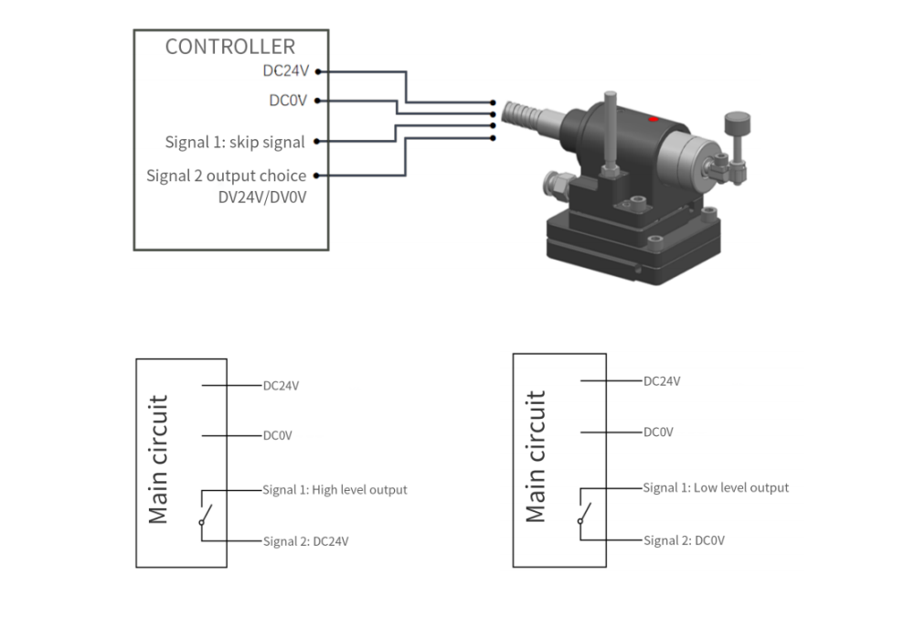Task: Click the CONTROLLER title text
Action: click(229, 47)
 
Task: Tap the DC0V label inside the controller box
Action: click(287, 101)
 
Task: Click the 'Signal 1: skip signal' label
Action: click(235, 142)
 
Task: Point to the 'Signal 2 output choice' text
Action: click(226, 176)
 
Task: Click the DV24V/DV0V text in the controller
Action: click(262, 197)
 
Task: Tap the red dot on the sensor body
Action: click(652, 120)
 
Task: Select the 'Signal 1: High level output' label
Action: click(335, 490)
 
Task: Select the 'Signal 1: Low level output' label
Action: click(716, 487)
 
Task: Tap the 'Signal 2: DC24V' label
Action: click(305, 541)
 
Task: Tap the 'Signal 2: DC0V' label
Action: click(684, 540)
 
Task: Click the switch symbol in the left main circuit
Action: click(205, 514)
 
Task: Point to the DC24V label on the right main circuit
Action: click(662, 381)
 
